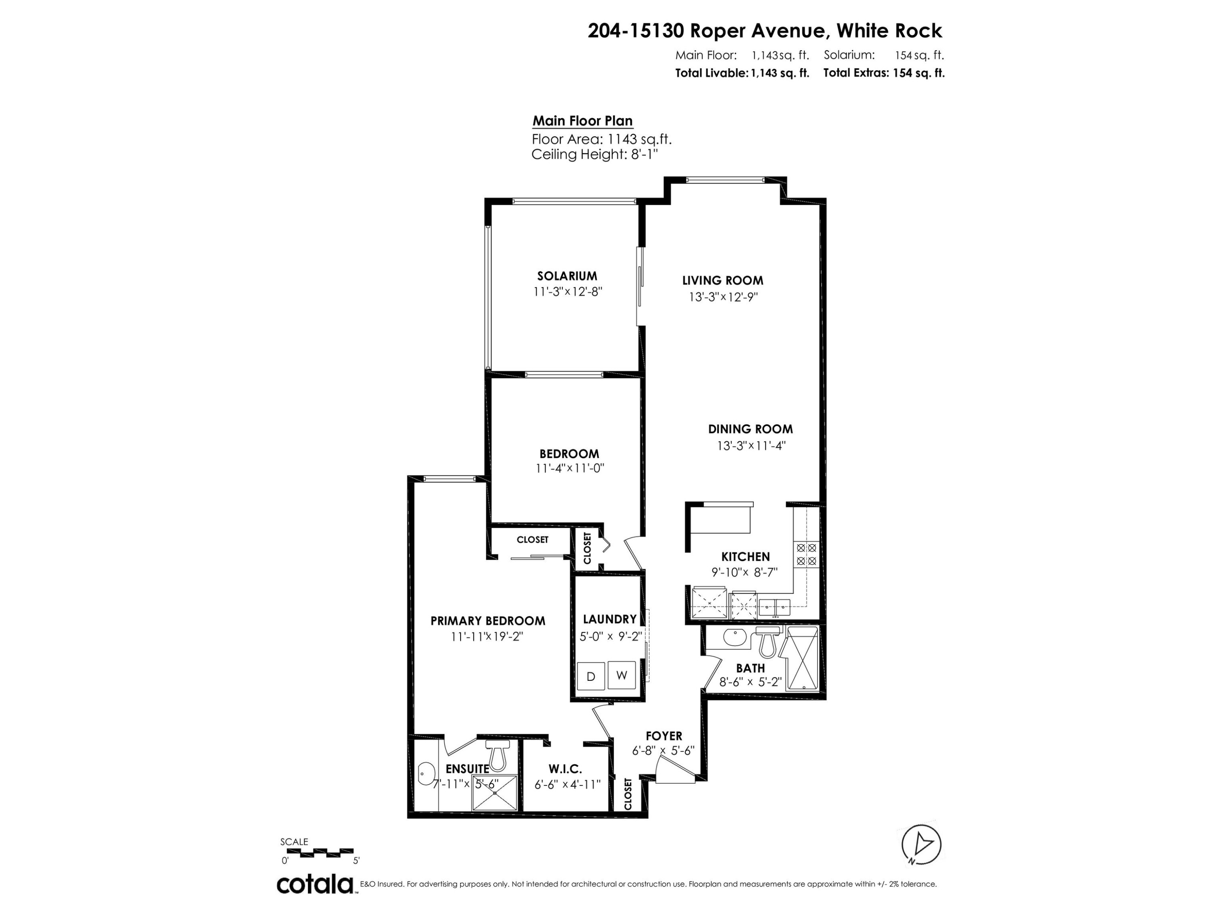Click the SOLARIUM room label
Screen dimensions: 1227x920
(x=567, y=276)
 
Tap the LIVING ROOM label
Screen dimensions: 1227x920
(x=723, y=280)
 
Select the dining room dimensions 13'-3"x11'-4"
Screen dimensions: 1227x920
(x=751, y=445)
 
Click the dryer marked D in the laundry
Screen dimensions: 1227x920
(x=591, y=676)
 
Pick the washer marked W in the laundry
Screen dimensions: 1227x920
(x=621, y=675)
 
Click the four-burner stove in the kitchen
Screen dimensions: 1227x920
(x=807, y=554)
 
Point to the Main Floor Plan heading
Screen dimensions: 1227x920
(x=582, y=121)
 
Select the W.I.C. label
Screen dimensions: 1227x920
(x=565, y=769)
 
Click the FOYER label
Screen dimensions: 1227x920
(x=664, y=736)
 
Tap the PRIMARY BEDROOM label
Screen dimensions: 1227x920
(x=488, y=621)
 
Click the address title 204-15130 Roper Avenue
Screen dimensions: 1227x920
(x=708, y=31)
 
